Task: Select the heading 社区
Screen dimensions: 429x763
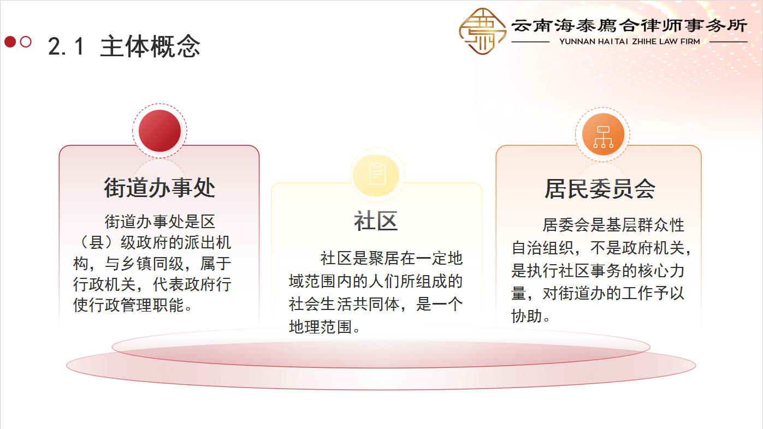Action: point(376,221)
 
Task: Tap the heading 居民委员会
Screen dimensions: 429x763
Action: point(600,188)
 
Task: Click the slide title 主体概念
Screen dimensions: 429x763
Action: point(150,46)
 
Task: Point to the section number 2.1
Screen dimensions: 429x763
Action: point(66,46)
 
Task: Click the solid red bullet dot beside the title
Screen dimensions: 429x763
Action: point(10,42)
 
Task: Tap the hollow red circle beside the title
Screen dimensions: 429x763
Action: point(26,42)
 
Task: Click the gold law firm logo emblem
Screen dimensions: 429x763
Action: point(482,32)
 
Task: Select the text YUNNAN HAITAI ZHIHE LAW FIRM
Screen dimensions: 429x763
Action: point(630,41)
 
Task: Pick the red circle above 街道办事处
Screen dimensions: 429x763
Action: point(159,131)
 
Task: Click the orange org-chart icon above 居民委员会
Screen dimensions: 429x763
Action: point(602,134)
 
